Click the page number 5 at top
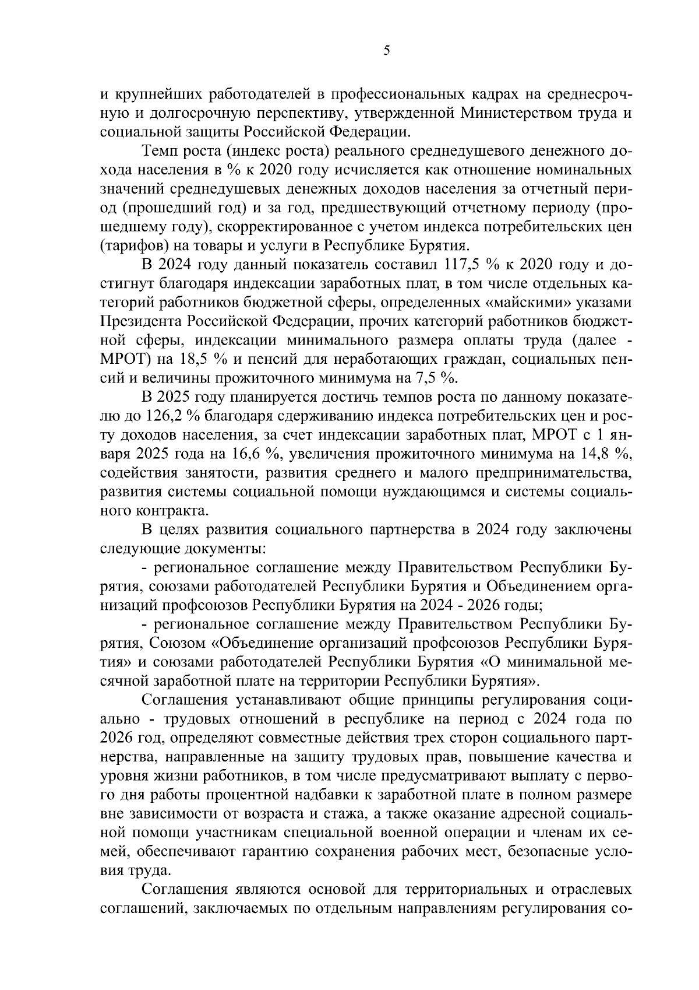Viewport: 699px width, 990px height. click(x=387, y=51)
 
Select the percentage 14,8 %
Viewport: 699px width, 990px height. click(x=606, y=454)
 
